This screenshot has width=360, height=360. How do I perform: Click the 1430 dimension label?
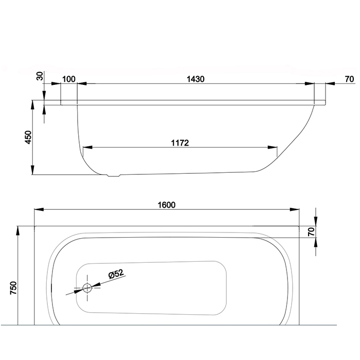coord(195,79)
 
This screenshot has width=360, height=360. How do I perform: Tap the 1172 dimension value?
coord(180,143)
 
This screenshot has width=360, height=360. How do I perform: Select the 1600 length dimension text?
coord(167,205)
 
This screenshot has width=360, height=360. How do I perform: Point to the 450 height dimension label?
coord(28,137)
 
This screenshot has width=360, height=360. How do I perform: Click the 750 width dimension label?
coord(13,287)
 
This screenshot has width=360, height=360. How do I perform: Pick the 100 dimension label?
coord(69,79)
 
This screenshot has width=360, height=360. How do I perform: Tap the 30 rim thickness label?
coord(40,76)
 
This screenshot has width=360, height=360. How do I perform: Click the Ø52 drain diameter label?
coord(116,274)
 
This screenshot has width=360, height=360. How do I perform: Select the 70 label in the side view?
coord(349,79)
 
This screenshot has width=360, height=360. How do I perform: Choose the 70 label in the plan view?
coord(311,232)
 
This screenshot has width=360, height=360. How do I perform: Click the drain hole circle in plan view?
coord(87,288)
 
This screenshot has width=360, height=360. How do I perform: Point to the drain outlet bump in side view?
coord(114,176)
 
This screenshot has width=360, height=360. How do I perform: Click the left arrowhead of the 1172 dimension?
coord(87,147)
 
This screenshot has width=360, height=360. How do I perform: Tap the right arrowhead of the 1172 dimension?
coord(272,147)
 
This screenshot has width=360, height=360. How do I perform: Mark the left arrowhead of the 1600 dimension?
coord(39,209)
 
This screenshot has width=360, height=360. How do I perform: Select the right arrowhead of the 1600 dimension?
coord(294,209)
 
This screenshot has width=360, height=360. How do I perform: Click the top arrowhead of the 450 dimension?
coord(32,105)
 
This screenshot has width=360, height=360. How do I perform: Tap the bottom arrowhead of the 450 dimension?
coord(32,170)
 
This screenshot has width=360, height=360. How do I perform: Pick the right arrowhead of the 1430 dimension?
coord(309,83)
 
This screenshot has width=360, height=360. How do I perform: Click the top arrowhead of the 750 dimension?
coord(17,231)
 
